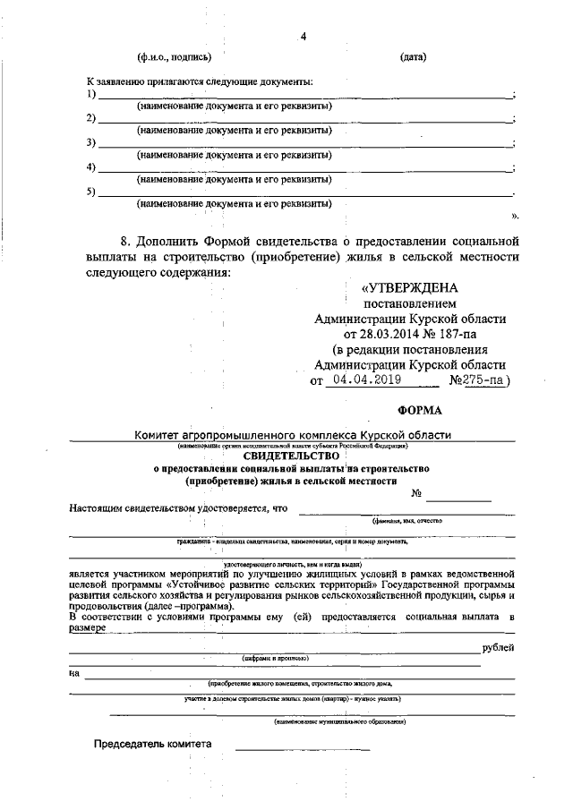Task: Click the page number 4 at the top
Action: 304,37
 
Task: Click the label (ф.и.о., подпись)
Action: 174,58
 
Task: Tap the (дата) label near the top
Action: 413,58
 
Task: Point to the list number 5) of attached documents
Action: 90,192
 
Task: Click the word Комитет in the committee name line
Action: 158,435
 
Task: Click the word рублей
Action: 498,647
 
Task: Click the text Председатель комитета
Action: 154,745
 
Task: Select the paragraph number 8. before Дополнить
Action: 126,242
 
